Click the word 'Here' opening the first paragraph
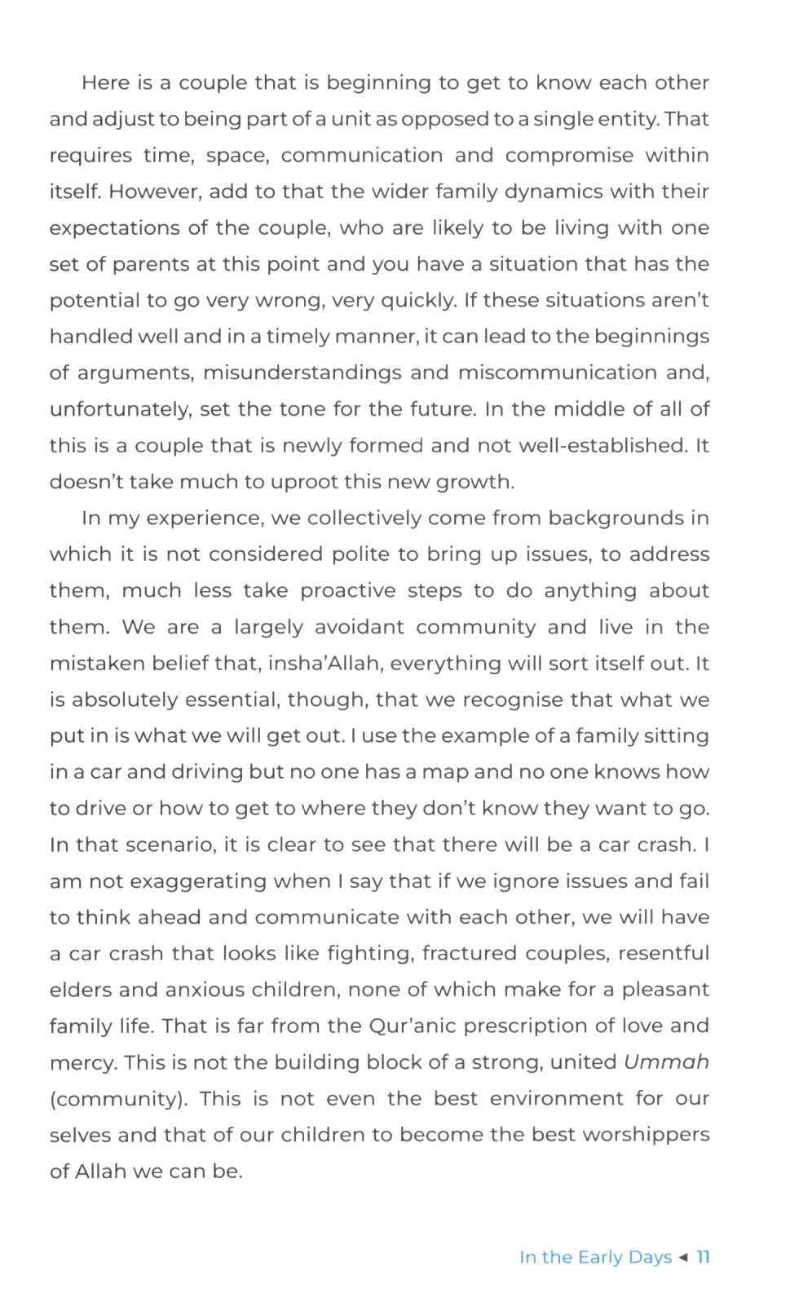point(106,83)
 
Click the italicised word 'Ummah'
point(666,1062)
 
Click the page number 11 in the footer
point(703,1257)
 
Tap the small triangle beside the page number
point(683,1257)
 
